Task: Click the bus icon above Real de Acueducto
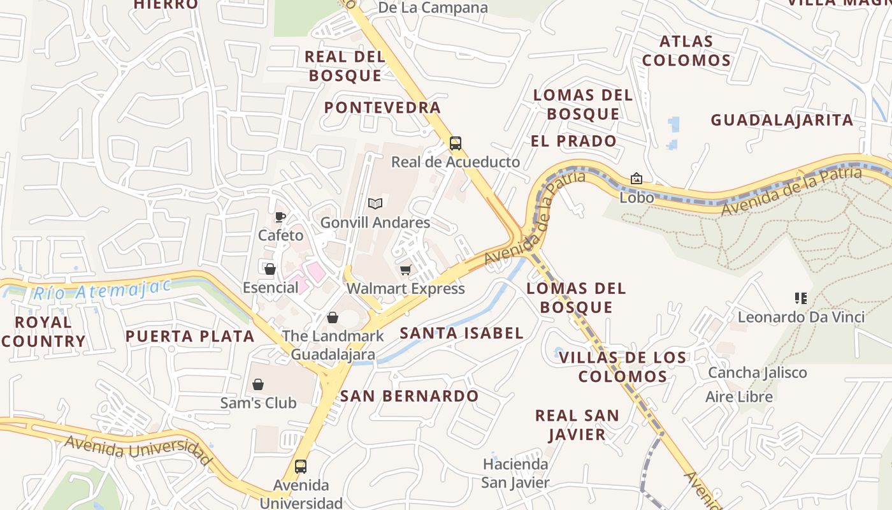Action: [x=455, y=143]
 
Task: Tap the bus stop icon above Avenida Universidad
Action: [x=301, y=467]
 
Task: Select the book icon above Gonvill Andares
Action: [x=375, y=204]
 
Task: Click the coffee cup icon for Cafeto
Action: [x=280, y=217]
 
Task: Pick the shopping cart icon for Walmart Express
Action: [x=405, y=270]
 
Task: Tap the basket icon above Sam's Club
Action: [x=258, y=384]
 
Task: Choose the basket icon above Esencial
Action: [x=270, y=269]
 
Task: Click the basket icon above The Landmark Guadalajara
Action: [x=333, y=317]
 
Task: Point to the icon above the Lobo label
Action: [x=636, y=179]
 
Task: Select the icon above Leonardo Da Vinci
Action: [x=801, y=298]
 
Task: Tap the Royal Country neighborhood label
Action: [x=43, y=331]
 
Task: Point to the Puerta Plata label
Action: [x=190, y=337]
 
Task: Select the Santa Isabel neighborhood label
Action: [x=462, y=333]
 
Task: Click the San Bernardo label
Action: [x=409, y=396]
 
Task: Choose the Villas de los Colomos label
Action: [x=622, y=367]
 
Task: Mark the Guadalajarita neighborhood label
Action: [x=782, y=120]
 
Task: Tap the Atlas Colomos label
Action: [x=686, y=51]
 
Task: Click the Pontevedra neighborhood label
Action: [x=382, y=107]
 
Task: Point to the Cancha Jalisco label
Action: [x=757, y=372]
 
